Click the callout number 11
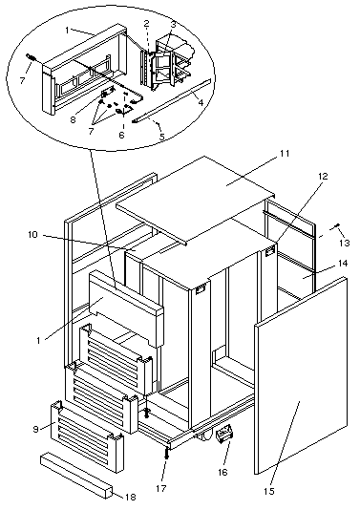coord(285,153)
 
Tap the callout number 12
coord(323,177)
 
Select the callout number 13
coord(345,243)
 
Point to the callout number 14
coord(343,263)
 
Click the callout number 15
coord(269,492)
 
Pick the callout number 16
coord(222,472)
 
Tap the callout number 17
coord(161,488)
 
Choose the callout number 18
coord(131,497)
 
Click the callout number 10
coord(32,235)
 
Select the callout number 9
coord(35,429)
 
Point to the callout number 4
coord(201,103)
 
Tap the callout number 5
coord(162,137)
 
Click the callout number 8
coord(73,119)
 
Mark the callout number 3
coord(173,24)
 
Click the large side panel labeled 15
coord(301,374)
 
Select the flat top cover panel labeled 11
coord(195,199)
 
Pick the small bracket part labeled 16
coord(224,434)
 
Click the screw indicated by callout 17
coord(166,452)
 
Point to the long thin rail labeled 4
coord(171,101)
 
